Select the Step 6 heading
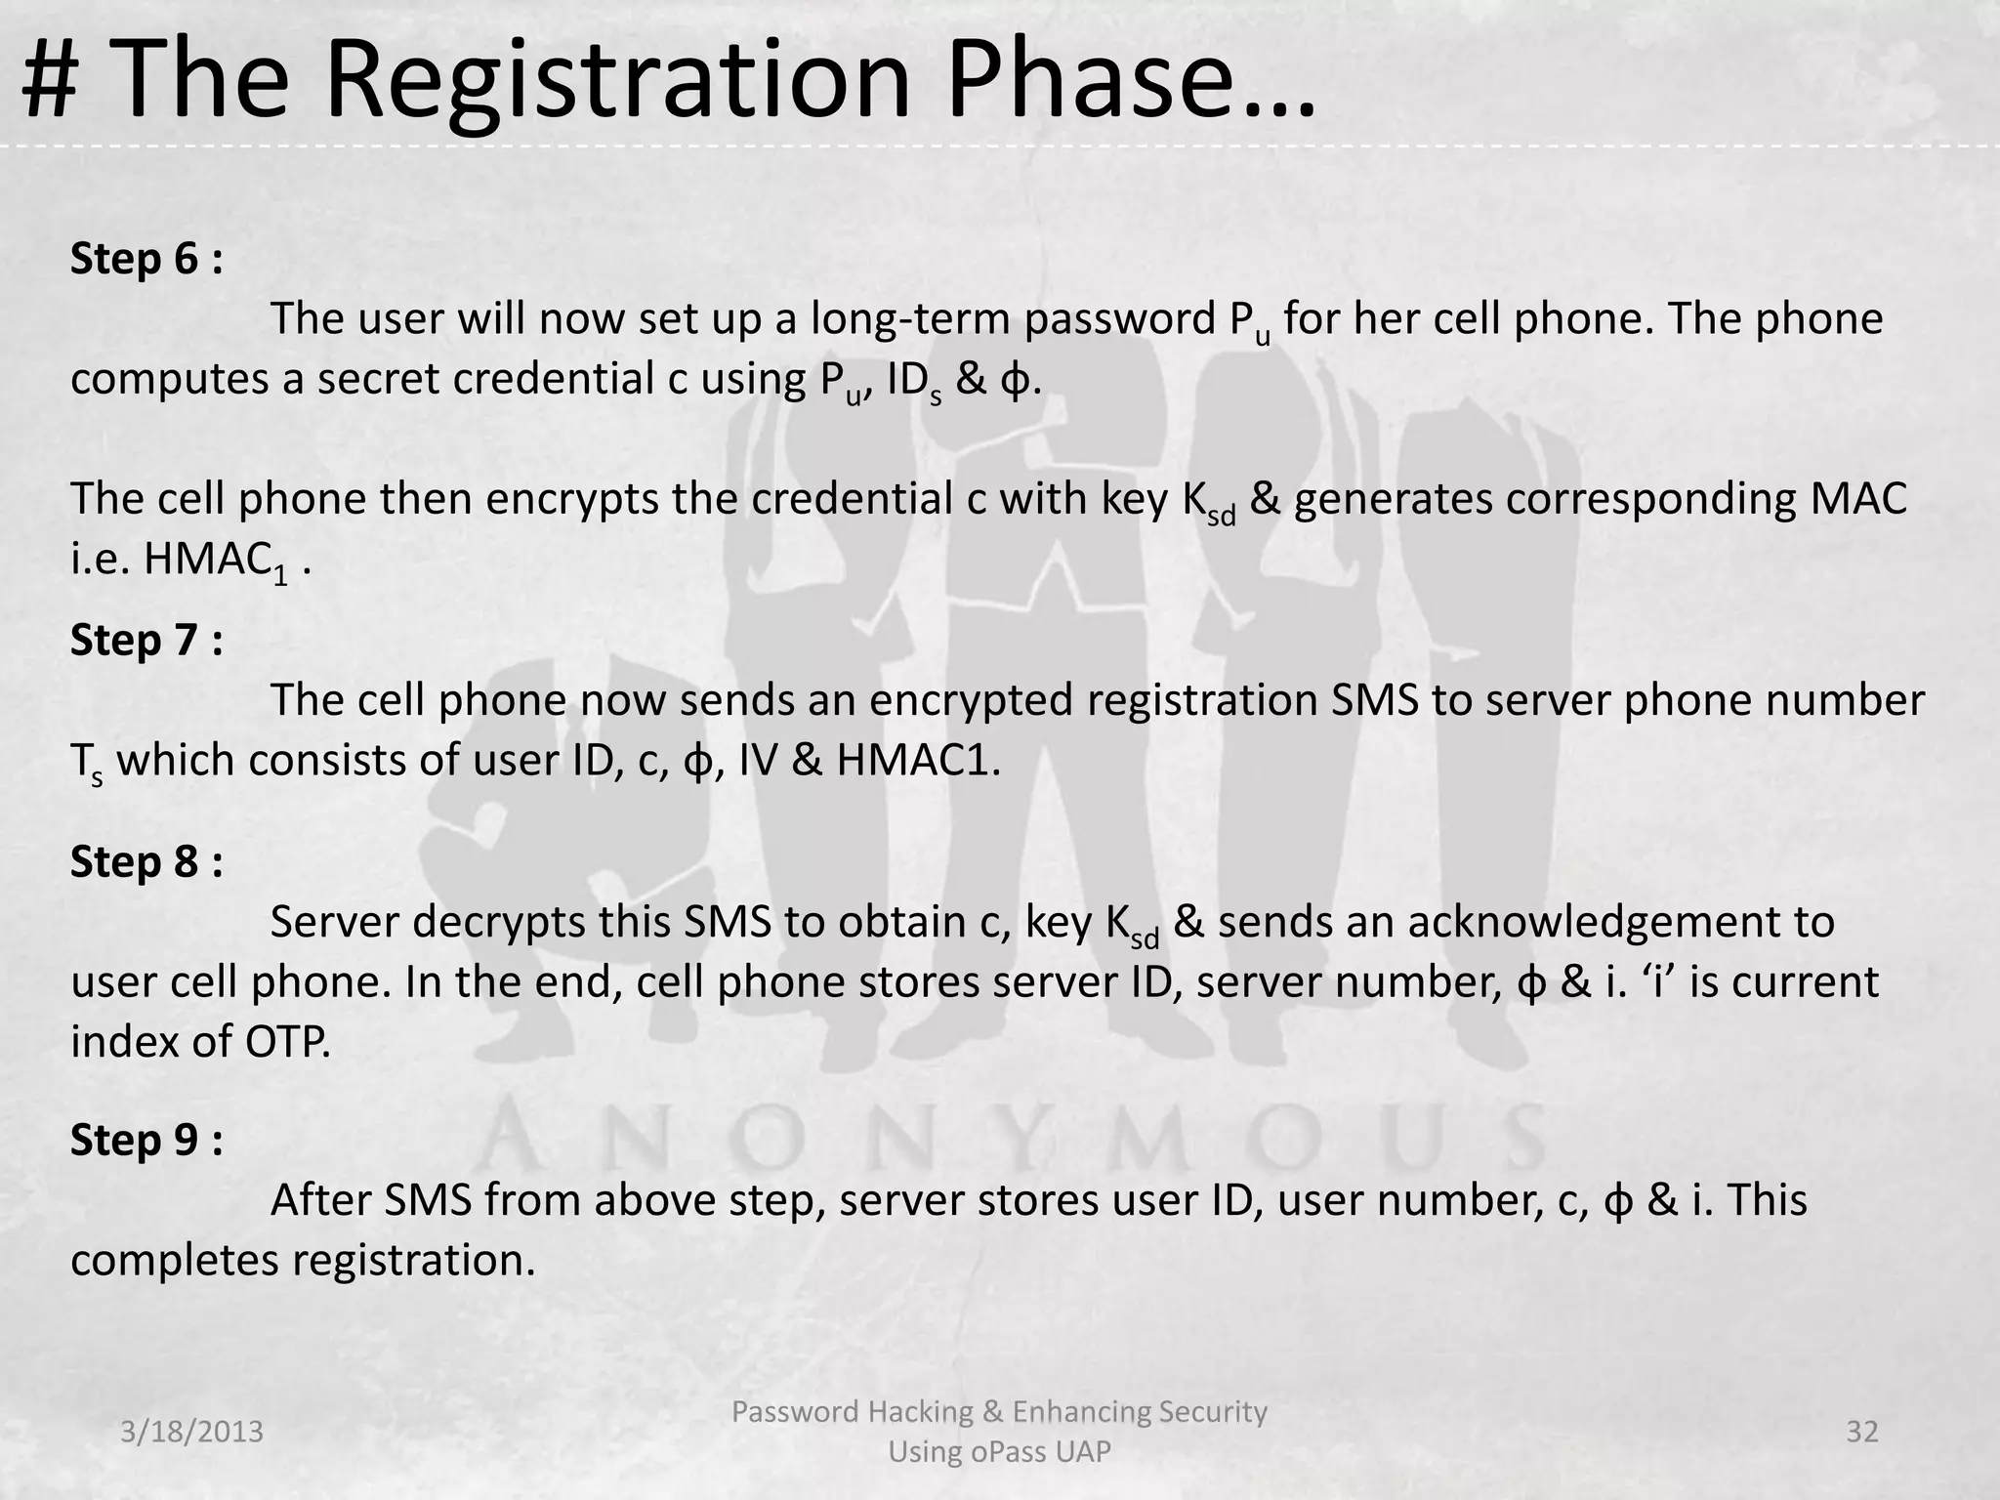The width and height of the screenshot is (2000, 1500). pyautogui.click(x=146, y=259)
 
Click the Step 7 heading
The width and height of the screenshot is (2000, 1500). pyautogui.click(x=146, y=641)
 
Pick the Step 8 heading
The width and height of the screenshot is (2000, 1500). pyautogui.click(x=146, y=862)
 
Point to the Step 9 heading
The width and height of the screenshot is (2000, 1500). pyautogui.click(x=146, y=1140)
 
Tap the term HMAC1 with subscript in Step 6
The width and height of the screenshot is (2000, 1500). pyautogui.click(x=217, y=562)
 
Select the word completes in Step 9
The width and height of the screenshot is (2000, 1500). pyautogui.click(x=175, y=1261)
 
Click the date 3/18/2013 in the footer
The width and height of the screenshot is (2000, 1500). pyautogui.click(x=192, y=1432)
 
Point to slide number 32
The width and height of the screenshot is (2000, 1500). pyautogui.click(x=1862, y=1432)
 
